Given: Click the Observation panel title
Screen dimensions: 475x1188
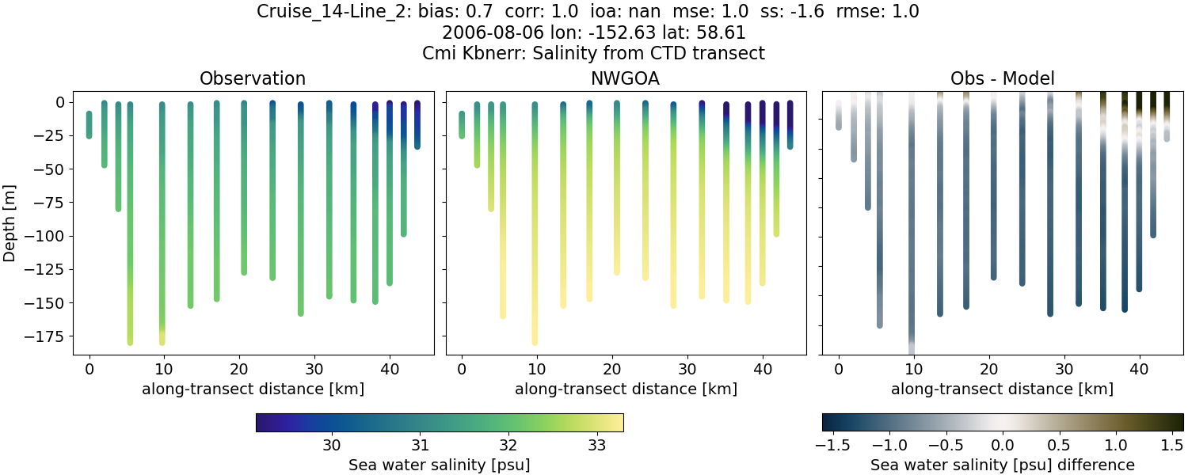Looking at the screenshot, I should tap(253, 78).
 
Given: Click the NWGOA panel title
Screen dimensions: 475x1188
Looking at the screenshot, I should tap(626, 78).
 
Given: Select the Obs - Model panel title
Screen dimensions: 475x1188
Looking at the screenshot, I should tap(1002, 78).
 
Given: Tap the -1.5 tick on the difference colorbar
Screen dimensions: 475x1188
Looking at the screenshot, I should tap(829, 445).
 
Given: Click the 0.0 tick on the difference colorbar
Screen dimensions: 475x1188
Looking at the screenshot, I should tap(1003, 445).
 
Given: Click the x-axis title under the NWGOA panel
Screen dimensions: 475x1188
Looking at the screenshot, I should tap(626, 389).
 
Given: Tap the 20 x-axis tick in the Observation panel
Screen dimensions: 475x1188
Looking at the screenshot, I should tap(239, 368).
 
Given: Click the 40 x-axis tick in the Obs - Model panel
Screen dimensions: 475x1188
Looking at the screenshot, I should tap(1139, 368).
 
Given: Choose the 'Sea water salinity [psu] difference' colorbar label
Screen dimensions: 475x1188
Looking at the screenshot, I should tap(1003, 465).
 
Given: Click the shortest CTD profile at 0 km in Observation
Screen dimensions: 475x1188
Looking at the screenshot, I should tap(89, 125).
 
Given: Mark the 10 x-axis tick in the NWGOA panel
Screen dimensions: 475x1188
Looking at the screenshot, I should tap(537, 368).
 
